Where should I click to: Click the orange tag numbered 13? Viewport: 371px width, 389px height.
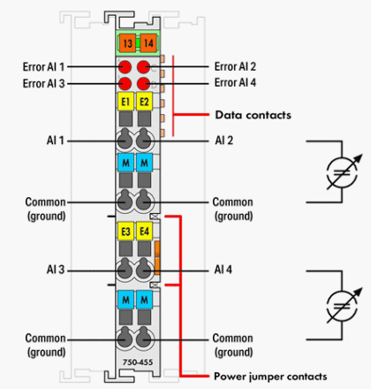click(x=127, y=43)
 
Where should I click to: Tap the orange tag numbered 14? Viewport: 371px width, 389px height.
click(x=148, y=43)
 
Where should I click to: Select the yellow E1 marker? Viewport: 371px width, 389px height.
click(x=125, y=102)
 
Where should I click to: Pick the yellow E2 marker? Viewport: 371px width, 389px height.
click(x=144, y=102)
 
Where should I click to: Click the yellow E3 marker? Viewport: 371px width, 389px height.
click(x=125, y=231)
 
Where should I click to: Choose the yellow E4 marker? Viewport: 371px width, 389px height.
click(x=144, y=231)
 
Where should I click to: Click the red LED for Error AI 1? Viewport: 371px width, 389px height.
click(x=125, y=67)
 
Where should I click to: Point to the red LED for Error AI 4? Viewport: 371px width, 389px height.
click(x=143, y=84)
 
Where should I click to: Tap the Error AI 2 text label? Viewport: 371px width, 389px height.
click(x=235, y=66)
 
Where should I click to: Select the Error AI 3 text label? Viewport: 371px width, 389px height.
click(x=43, y=83)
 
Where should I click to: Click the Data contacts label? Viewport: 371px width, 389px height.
click(x=254, y=115)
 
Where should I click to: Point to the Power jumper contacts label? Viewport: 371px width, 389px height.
click(x=270, y=377)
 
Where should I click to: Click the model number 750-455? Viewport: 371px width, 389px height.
click(x=138, y=362)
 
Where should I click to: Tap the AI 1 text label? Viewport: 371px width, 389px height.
click(x=56, y=141)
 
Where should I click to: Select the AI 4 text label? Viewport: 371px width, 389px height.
click(x=223, y=270)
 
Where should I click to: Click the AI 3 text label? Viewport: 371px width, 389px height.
click(x=56, y=270)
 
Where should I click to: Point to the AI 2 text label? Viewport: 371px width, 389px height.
click(x=224, y=141)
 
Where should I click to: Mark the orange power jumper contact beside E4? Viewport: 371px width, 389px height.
click(x=157, y=257)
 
